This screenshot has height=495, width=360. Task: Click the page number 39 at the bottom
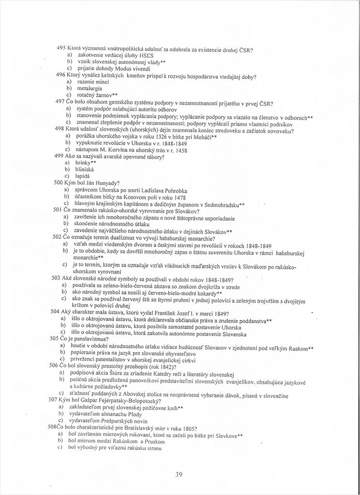(179, 474)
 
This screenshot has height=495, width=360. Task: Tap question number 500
(58, 183)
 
